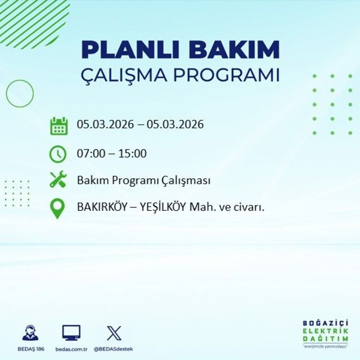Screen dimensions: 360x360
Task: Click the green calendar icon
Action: (x=58, y=125)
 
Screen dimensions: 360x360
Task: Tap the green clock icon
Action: (x=58, y=153)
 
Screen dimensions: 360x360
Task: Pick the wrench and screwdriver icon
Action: (x=58, y=180)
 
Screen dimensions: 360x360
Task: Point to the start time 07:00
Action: (x=91, y=153)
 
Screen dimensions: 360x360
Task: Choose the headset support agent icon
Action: (x=30, y=333)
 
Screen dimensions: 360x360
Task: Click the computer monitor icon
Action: (x=71, y=332)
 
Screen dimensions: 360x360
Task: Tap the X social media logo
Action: (x=113, y=332)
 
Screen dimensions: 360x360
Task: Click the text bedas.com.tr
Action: (x=71, y=349)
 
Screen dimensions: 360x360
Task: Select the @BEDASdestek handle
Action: (x=114, y=349)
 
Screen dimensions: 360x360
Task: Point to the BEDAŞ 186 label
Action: (x=30, y=349)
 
